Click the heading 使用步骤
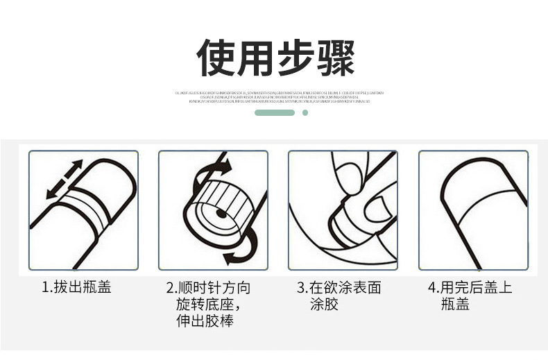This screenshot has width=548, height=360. (275, 58)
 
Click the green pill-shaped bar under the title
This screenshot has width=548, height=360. (275, 112)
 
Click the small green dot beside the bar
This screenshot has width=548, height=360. (305, 112)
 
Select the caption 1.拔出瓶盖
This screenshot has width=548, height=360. (76, 287)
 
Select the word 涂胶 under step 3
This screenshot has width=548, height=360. (324, 305)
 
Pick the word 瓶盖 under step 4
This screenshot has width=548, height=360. (455, 305)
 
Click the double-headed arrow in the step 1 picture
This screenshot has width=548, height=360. (64, 180)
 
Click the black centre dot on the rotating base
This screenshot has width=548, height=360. (221, 214)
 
